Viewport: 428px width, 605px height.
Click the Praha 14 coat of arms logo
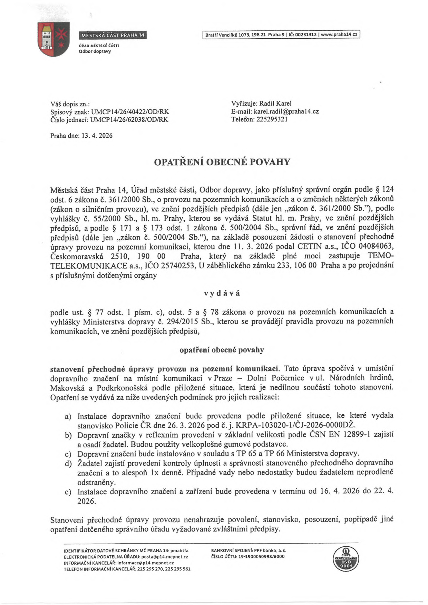click(53, 39)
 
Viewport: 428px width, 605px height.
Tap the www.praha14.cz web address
click(340, 35)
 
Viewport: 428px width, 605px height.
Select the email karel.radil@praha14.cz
click(286, 111)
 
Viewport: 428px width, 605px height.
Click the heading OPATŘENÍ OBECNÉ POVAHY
click(222, 162)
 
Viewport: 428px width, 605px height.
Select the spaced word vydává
click(222, 293)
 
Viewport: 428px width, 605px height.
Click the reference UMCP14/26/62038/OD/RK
click(129, 119)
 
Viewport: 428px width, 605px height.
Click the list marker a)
click(68, 417)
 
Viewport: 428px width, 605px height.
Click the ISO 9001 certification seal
click(345, 559)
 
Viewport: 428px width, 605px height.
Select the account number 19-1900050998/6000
click(259, 556)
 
